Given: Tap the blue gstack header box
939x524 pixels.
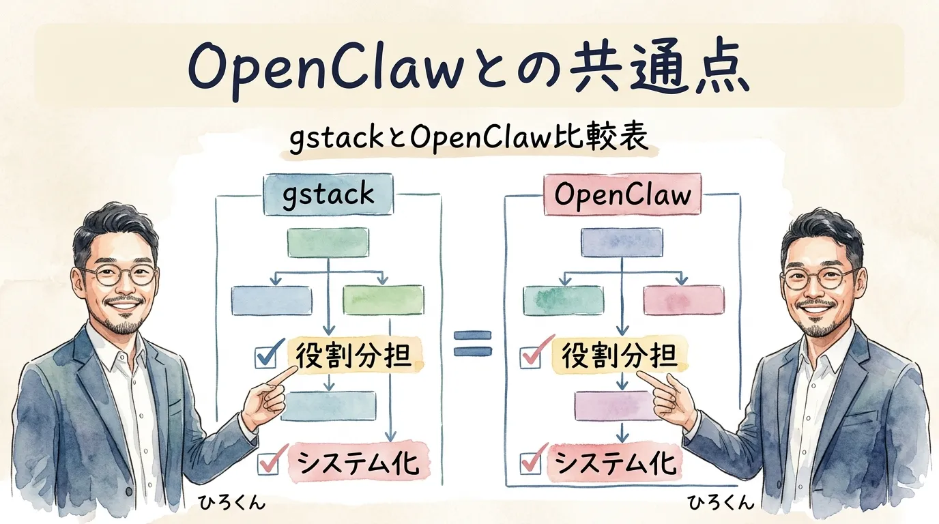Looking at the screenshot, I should tap(328, 194).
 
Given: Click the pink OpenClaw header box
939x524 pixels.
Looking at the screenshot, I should tap(622, 194).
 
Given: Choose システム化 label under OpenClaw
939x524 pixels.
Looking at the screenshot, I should tap(616, 462).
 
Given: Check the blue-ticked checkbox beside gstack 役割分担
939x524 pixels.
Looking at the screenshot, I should tap(266, 357).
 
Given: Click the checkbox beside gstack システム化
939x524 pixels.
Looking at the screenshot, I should tap(268, 464).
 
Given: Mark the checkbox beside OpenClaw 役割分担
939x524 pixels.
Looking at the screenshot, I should tap(530, 357).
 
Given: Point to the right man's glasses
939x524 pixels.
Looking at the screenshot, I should tap(820, 278).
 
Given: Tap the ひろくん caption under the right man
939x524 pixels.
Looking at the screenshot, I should tap(721, 504).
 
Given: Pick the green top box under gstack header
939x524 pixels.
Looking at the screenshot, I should tap(328, 242).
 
